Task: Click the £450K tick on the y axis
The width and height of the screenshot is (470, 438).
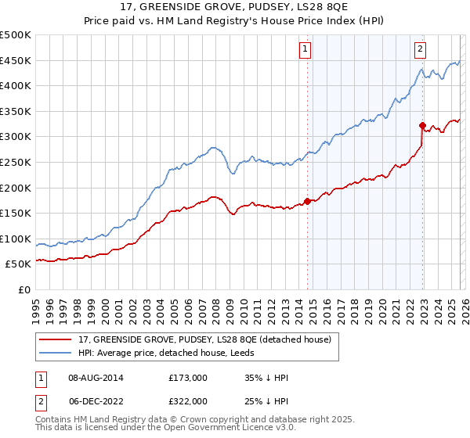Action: (x=16, y=60)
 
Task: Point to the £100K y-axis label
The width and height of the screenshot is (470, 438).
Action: (x=16, y=239)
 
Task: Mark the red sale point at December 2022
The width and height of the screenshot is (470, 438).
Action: (x=422, y=125)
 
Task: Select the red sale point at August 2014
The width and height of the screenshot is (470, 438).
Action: (x=307, y=201)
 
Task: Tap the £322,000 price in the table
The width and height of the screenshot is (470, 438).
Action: (x=187, y=400)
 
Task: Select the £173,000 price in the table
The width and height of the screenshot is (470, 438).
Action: (x=187, y=378)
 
